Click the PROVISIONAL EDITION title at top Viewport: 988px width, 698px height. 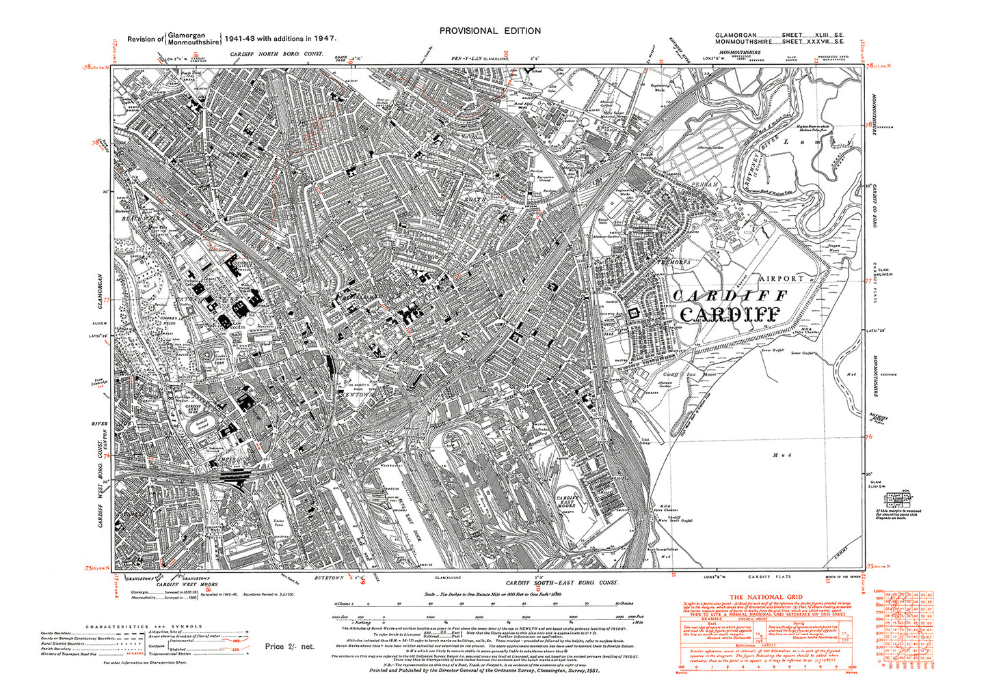click(490, 31)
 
